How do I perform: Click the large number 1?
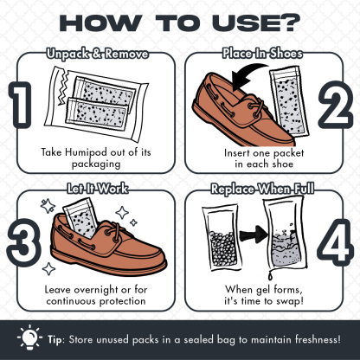coord(20,106)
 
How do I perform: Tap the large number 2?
coord(336,105)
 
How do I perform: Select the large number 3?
coord(23,242)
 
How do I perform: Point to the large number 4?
coord(336,242)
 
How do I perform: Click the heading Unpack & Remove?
coord(98,54)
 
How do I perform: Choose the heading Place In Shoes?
coord(262,54)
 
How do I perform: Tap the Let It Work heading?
coord(97,189)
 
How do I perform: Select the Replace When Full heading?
coord(262,189)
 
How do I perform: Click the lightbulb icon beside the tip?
coord(29,337)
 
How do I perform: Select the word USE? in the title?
coord(256,22)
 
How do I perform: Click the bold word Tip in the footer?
coord(55,339)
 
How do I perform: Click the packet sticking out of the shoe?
coord(80,218)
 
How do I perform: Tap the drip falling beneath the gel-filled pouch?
coord(270,275)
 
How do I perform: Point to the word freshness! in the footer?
coord(318,339)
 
